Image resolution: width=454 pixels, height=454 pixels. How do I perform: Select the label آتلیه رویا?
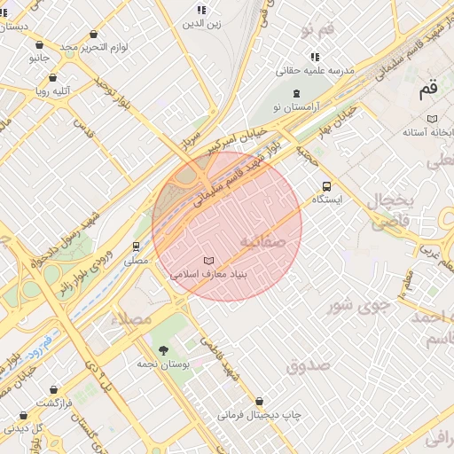click(x=53, y=90)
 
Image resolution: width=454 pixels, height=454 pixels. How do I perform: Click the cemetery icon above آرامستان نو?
click(x=296, y=92)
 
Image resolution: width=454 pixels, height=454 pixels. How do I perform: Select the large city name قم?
click(x=428, y=89)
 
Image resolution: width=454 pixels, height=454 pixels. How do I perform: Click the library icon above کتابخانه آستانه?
click(x=432, y=119)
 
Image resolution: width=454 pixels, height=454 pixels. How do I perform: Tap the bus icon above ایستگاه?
click(x=326, y=186)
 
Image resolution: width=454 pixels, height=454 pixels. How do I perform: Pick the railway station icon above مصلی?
click(x=137, y=247)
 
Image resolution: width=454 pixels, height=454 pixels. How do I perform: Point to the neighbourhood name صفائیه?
click(x=261, y=241)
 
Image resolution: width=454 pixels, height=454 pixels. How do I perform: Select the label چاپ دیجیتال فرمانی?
click(x=260, y=414)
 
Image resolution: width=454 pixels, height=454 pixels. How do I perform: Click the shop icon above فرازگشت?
click(x=54, y=389)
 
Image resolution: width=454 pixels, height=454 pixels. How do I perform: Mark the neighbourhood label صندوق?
click(x=308, y=364)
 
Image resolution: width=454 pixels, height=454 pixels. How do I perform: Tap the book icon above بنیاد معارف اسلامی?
click(x=208, y=261)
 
